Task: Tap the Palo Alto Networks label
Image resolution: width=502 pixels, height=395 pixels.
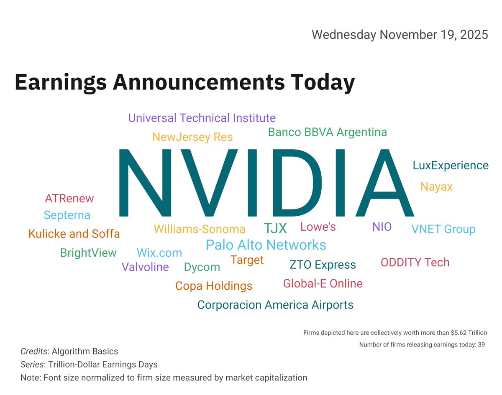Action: click(x=266, y=245)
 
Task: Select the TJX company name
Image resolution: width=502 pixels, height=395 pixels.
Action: click(x=275, y=228)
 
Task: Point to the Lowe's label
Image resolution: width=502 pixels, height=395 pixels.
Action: click(x=318, y=227)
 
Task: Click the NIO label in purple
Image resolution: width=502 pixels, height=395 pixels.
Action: click(x=382, y=227)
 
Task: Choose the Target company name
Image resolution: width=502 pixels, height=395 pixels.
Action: click(x=247, y=260)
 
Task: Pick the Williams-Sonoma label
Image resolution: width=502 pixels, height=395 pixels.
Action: click(x=200, y=229)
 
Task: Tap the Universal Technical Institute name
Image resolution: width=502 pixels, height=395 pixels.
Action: click(x=202, y=118)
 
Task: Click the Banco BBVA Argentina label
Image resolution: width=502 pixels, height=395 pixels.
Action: click(x=327, y=133)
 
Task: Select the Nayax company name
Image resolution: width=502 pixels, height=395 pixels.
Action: click(x=436, y=187)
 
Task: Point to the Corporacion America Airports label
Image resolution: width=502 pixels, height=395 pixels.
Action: click(x=275, y=305)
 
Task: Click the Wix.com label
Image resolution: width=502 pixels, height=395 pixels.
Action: click(x=159, y=252)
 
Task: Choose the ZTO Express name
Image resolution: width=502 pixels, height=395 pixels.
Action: click(x=323, y=265)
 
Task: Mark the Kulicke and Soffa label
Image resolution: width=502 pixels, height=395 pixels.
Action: click(x=74, y=234)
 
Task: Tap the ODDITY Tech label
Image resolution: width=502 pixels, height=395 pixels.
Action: click(x=415, y=262)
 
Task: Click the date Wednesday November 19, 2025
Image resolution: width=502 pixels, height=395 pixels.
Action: click(x=400, y=34)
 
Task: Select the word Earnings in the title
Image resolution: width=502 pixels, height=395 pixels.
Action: click(x=60, y=82)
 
